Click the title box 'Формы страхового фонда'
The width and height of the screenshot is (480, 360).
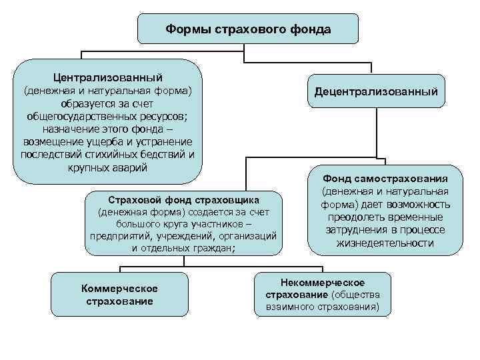click(x=247, y=29)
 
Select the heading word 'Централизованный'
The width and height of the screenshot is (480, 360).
click(x=108, y=78)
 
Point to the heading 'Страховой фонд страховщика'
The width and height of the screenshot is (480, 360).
click(x=183, y=200)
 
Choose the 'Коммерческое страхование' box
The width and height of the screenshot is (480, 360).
click(x=119, y=294)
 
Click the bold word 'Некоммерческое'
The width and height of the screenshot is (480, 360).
click(x=322, y=283)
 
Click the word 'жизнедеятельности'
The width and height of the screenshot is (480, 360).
click(x=385, y=243)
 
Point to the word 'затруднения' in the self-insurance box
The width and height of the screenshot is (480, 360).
click(x=347, y=230)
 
